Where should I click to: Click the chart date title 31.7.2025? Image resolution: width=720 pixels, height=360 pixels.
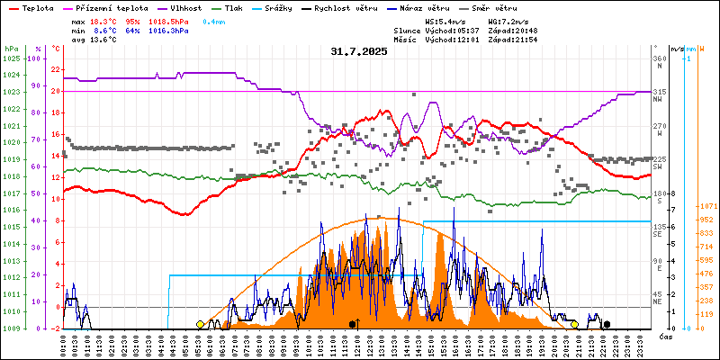[x=358, y=51]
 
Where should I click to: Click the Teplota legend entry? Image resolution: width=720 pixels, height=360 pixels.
[x=37, y=6]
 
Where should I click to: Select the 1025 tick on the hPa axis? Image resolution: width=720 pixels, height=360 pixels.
[x=11, y=58]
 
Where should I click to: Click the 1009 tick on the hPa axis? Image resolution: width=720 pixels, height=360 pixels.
[x=11, y=328]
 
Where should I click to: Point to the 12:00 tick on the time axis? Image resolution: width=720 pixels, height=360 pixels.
[x=357, y=345]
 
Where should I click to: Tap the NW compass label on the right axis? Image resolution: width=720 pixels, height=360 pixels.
[x=658, y=99]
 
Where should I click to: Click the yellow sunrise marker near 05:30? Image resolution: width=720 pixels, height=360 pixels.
[x=200, y=324]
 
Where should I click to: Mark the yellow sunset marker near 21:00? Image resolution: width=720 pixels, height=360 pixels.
[x=574, y=324]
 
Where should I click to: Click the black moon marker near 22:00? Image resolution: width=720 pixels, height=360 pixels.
[x=607, y=324]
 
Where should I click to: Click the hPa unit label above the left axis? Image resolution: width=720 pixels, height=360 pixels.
[x=11, y=48]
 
